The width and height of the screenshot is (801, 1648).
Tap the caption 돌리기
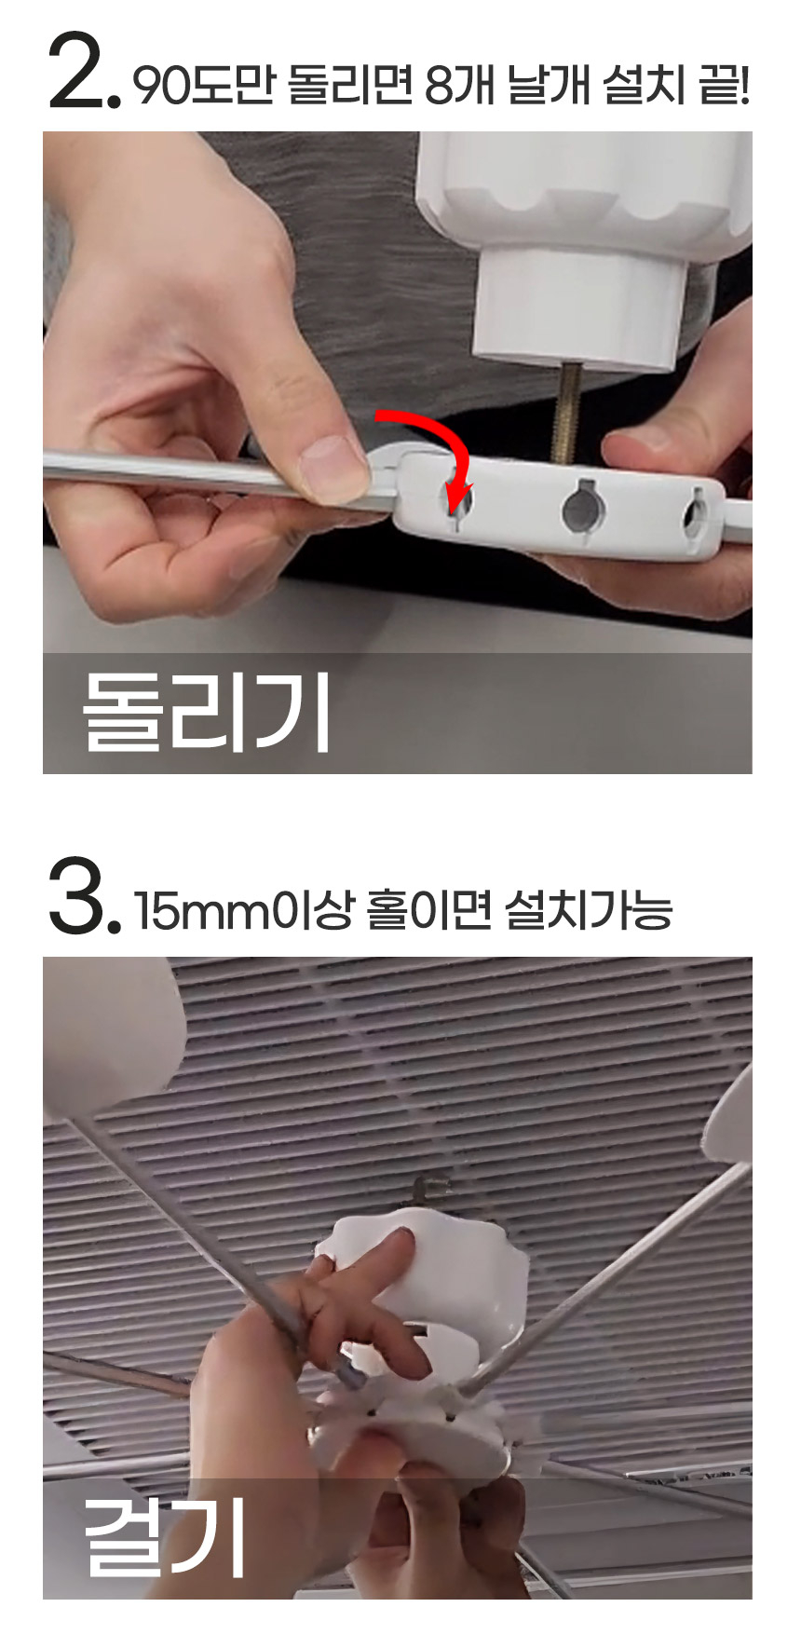coord(206,712)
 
